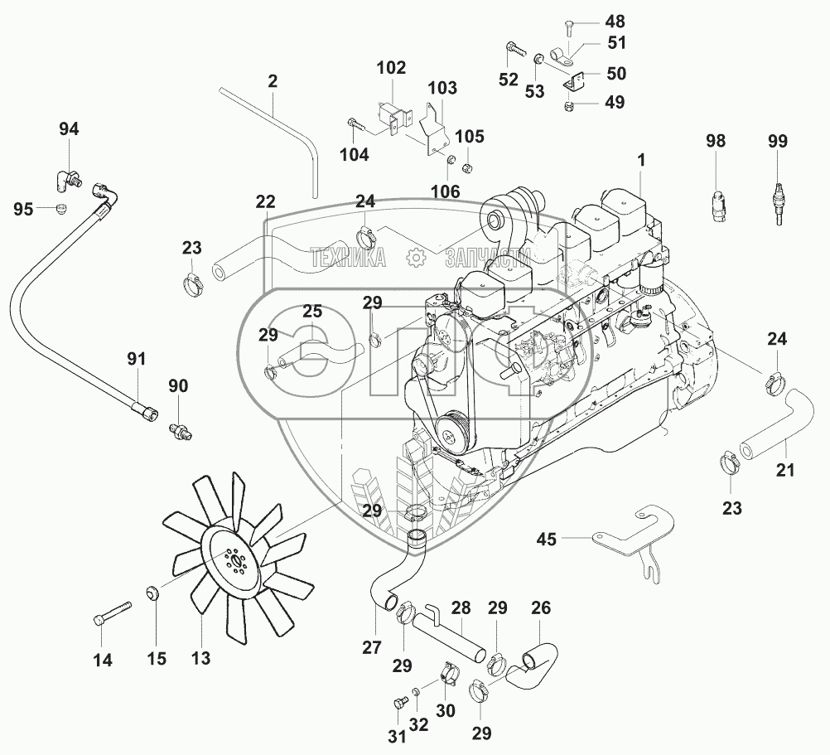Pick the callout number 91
click(x=136, y=359)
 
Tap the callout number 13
click(x=200, y=658)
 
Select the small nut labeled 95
click(x=60, y=209)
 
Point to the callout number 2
click(x=273, y=81)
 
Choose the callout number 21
click(x=785, y=471)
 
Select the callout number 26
click(x=540, y=607)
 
